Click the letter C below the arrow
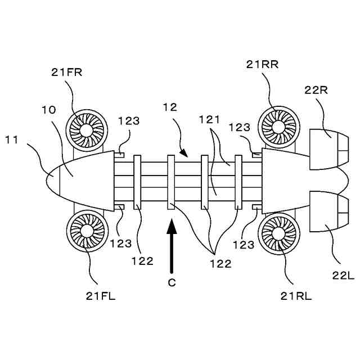tap(172, 283)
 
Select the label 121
tap(209, 119)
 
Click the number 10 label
tap(49, 110)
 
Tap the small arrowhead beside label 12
tap(183, 152)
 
